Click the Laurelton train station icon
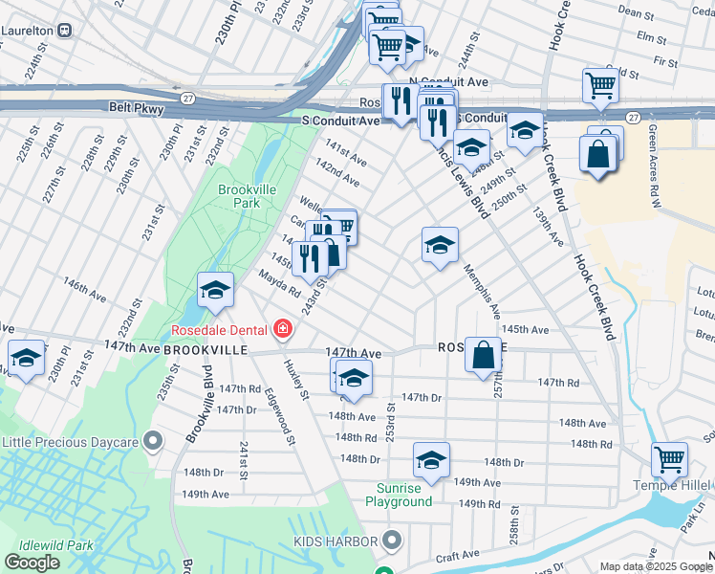tap(65, 30)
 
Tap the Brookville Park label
tap(239, 196)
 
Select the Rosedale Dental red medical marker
tap(282, 331)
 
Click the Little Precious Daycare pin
tap(152, 441)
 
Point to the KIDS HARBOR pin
tap(391, 541)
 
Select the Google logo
tap(32, 563)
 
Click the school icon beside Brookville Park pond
tap(215, 290)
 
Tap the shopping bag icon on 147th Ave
tap(485, 355)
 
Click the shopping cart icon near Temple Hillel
tap(669, 459)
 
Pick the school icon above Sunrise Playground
tap(431, 461)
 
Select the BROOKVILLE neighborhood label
tap(205, 350)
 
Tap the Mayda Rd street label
tap(280, 284)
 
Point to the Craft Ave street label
tap(456, 556)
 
